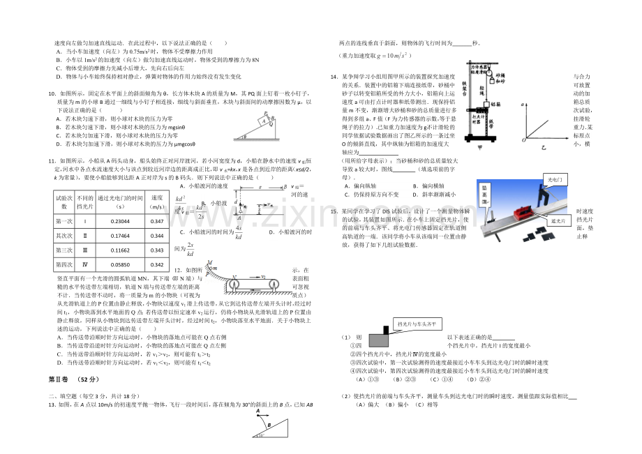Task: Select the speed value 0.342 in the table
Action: pos(157,265)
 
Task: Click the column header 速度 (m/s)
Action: pos(157,202)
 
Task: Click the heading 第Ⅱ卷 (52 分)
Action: pos(75,379)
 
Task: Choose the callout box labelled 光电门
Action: pos(557,180)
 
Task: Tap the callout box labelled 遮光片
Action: pos(557,220)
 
